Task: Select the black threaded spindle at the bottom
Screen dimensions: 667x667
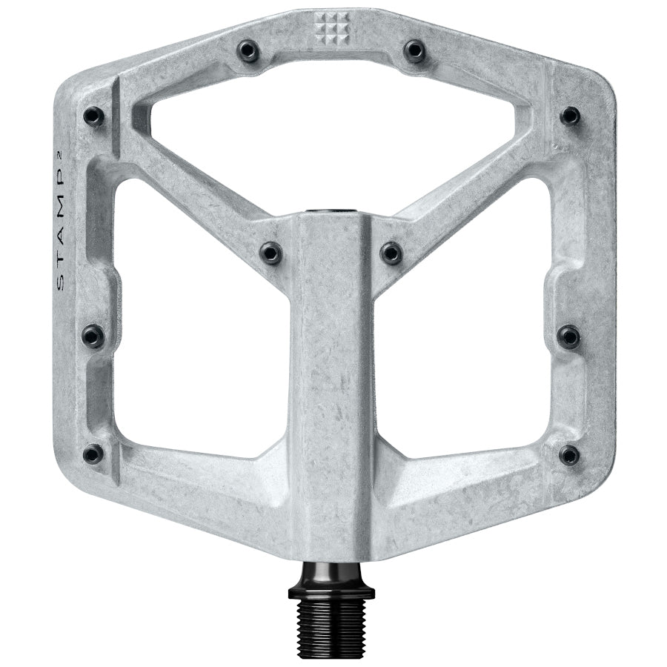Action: (x=331, y=616)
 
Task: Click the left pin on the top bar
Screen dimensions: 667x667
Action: (x=248, y=50)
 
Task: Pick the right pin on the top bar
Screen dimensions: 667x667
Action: (x=414, y=50)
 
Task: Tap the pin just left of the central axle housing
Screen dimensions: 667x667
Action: (x=271, y=253)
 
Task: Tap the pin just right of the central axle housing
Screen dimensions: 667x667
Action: (x=391, y=253)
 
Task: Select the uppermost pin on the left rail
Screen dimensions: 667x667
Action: (x=93, y=116)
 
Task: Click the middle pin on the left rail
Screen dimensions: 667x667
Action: (x=93, y=336)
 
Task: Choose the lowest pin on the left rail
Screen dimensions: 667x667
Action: (x=93, y=454)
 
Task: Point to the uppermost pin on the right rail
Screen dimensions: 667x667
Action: (x=569, y=116)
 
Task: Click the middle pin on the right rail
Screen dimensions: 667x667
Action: (x=569, y=336)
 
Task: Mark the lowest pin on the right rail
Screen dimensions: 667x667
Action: (x=569, y=454)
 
